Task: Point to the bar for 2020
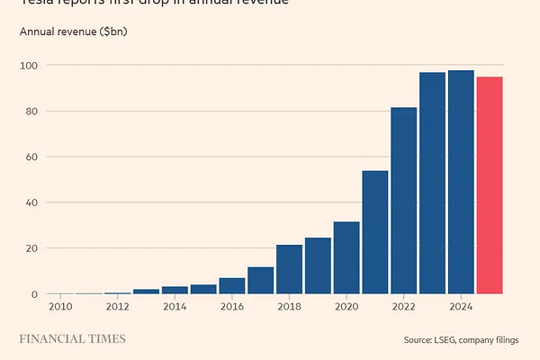pos(346,257)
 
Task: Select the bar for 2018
pos(289,269)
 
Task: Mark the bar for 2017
pos(261,280)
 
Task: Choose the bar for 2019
pos(318,265)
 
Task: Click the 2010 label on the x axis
pos(60,307)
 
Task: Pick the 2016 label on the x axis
pos(232,307)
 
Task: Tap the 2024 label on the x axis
pos(461,307)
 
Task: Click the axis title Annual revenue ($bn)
pos(75,32)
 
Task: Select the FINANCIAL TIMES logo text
pos(73,339)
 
